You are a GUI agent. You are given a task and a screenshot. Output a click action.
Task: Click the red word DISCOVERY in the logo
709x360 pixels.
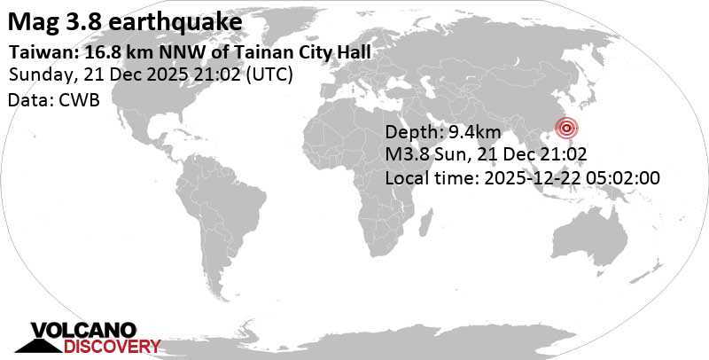pos(105,346)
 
